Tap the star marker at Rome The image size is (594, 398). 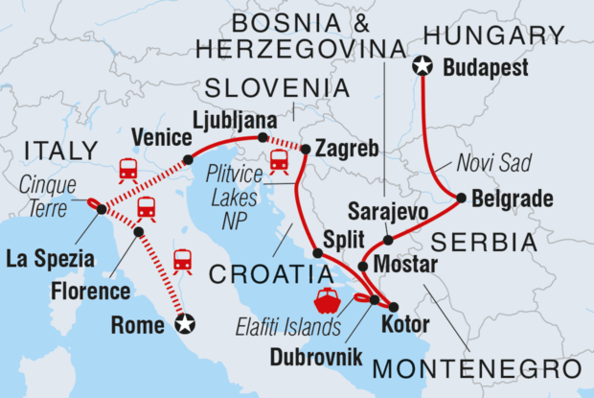point(188,324)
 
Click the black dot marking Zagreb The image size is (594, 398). point(306,149)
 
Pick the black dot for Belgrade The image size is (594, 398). point(462,199)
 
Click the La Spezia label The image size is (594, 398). point(49,258)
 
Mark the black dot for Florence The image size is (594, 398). point(139,232)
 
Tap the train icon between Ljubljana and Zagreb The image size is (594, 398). point(279,162)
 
